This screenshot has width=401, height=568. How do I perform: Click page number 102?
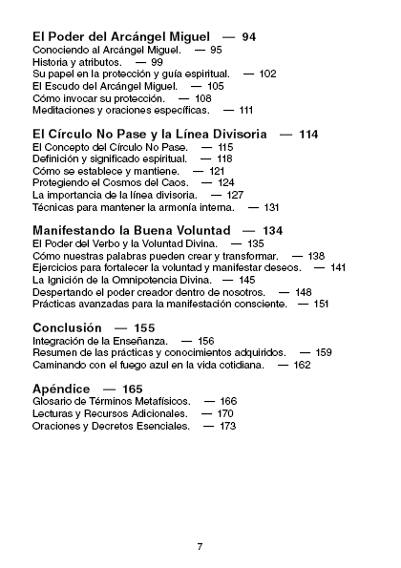(267, 74)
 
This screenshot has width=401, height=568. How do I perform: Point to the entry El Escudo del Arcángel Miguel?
(102, 86)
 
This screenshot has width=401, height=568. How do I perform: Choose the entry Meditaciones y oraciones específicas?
(120, 111)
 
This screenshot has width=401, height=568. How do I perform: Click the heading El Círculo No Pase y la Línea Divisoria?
(149, 134)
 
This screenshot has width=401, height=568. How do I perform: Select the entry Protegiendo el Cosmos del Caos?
(105, 182)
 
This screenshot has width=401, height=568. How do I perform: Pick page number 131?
(271, 207)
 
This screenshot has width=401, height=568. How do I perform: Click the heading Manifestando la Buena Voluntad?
(131, 231)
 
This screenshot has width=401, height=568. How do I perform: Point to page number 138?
(315, 256)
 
